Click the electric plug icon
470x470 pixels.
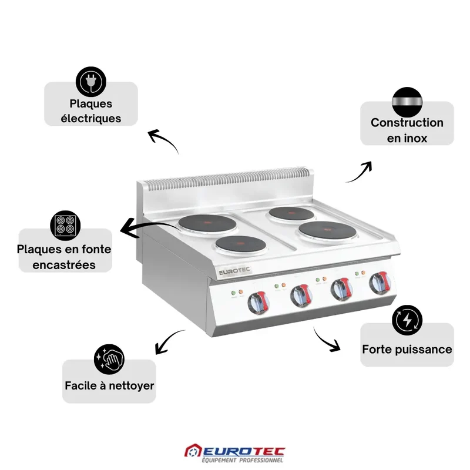(x=91, y=82)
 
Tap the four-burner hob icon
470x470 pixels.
(x=65, y=226)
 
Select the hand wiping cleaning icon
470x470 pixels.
(x=109, y=359)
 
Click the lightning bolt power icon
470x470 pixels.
(x=407, y=320)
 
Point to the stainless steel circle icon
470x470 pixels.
(x=407, y=102)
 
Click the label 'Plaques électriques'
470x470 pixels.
(x=91, y=111)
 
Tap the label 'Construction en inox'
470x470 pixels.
(x=407, y=130)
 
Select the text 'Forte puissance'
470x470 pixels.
(x=407, y=349)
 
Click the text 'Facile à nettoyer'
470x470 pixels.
(x=109, y=385)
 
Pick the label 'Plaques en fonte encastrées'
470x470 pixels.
(x=64, y=257)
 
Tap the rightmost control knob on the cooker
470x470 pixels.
(x=380, y=283)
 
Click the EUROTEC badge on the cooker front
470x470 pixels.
(x=234, y=271)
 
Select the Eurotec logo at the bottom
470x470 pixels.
(x=234, y=453)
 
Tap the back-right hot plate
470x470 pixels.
(x=291, y=214)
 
